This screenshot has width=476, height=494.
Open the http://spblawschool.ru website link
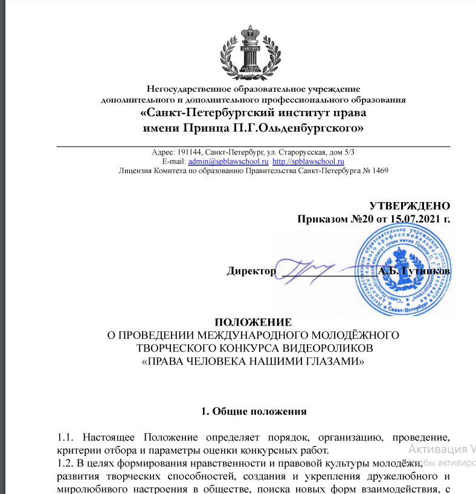coord(308,162)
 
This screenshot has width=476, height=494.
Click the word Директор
coord(251,271)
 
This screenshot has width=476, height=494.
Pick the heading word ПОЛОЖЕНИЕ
coord(253,322)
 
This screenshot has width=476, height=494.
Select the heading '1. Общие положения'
coord(254,413)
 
